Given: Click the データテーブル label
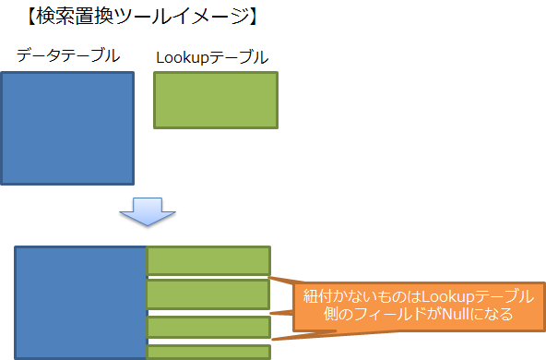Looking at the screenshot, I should click(68, 55).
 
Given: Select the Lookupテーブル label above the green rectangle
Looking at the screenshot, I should click(212, 57).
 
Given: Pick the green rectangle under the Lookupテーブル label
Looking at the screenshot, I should click(215, 101).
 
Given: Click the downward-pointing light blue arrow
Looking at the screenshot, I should click(146, 212).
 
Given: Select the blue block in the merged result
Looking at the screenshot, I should click(80, 302).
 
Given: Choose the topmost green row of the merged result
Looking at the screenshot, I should click(208, 260).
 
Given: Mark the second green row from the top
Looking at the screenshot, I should click(208, 294).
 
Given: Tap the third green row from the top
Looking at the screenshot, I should click(208, 327).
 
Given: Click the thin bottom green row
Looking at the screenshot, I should click(208, 352).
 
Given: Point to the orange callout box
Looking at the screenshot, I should click(418, 306).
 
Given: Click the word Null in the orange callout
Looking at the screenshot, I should click(462, 316).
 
